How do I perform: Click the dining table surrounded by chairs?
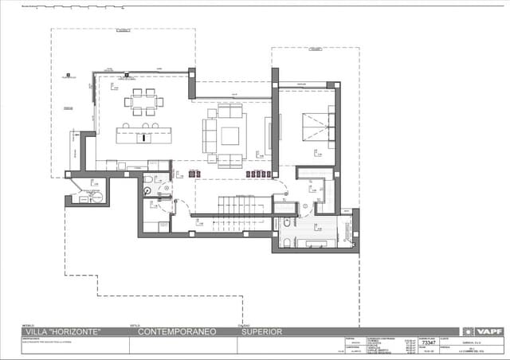pyautogui.click(x=144, y=102)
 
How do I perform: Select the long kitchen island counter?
pyautogui.click(x=144, y=135)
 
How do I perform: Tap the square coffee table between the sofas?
pyautogui.click(x=230, y=135)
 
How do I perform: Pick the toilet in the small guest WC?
pyautogui.click(x=147, y=190)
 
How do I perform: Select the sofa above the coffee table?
pyautogui.click(x=230, y=112)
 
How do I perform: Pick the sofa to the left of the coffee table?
pyautogui.click(x=210, y=136)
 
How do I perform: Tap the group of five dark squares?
pyautogui.click(x=259, y=174)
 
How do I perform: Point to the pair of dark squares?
pyautogui.click(x=194, y=174)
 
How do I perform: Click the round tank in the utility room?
pyautogui.click(x=96, y=198)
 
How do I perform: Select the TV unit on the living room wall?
pyautogui.click(x=269, y=135)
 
